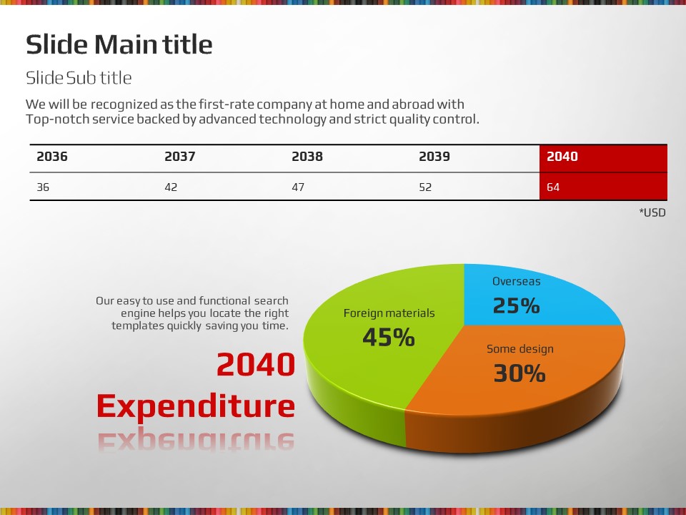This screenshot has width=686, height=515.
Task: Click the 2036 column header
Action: (x=52, y=157)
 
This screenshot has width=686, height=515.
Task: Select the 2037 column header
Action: (x=179, y=157)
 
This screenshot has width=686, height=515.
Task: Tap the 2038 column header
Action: (x=307, y=157)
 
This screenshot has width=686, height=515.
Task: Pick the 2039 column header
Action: (x=434, y=157)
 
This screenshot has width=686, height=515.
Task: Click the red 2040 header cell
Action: (x=562, y=157)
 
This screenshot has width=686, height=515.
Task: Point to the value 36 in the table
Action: (x=43, y=187)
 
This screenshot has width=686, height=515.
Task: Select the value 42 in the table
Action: (x=171, y=187)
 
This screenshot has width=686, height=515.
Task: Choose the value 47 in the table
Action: (x=298, y=187)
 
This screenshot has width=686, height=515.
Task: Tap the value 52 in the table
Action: (x=426, y=187)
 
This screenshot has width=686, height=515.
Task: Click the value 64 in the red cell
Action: (x=553, y=187)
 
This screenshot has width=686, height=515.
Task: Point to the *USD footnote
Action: (x=652, y=212)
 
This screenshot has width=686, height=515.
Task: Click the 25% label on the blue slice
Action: (x=516, y=306)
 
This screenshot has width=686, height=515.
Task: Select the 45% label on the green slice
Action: (x=389, y=338)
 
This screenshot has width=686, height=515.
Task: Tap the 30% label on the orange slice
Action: (x=520, y=373)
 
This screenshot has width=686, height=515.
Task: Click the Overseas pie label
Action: (x=516, y=281)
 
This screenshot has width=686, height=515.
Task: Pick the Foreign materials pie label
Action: (x=389, y=313)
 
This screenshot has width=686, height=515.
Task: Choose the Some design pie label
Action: (x=520, y=349)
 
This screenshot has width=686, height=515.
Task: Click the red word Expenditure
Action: (x=196, y=406)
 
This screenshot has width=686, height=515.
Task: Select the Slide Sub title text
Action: (x=79, y=77)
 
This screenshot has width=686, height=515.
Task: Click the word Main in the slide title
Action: (x=126, y=45)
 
